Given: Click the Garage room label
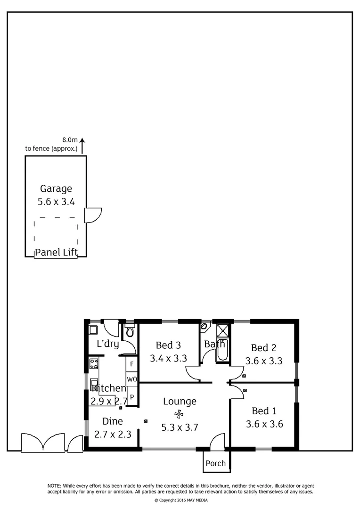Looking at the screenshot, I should tap(56, 189).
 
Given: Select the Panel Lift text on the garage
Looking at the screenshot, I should tap(56, 252).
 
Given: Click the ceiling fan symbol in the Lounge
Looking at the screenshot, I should tap(179, 414).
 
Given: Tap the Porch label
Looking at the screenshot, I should tap(215, 463).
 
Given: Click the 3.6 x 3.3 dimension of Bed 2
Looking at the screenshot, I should tap(264, 361).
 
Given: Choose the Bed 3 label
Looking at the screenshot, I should tap(168, 345).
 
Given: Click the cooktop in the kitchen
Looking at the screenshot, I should tap(94, 363).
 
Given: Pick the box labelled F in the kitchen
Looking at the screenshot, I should tap(131, 364).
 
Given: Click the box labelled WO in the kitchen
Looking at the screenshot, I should tap(131, 379).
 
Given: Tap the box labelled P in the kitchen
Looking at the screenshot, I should tap(132, 397).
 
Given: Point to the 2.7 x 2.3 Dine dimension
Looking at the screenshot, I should tap(113, 435).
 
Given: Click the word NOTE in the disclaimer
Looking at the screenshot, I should tap(54, 486).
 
